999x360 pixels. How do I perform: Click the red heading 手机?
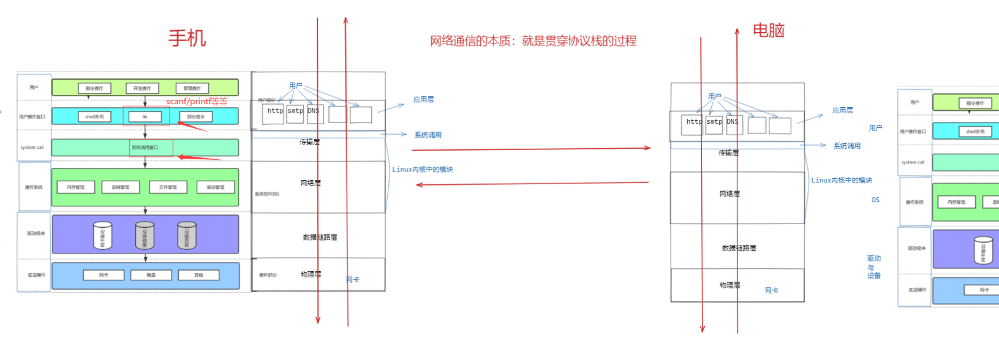click(187, 38)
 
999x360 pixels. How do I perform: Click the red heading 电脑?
click(768, 30)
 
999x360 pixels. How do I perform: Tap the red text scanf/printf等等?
click(197, 101)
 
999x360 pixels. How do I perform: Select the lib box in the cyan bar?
click(145, 116)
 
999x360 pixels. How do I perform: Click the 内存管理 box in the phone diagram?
click(76, 187)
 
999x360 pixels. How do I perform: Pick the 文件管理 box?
click(168, 187)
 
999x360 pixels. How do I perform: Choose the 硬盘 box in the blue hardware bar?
click(151, 275)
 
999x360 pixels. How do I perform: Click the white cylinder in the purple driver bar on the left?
click(102, 236)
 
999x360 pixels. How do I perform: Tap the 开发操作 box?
click(142, 88)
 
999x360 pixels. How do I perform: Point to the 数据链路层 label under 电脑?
click(739, 248)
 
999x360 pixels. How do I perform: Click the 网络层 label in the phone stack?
click(311, 183)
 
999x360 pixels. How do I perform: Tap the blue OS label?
click(875, 200)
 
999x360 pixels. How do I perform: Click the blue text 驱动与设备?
click(874, 267)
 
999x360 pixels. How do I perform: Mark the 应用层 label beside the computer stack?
click(843, 110)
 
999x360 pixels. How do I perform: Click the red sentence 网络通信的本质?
click(533, 41)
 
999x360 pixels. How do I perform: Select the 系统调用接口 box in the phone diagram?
click(145, 148)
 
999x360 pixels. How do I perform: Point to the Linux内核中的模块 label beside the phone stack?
click(423, 170)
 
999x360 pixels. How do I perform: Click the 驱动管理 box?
click(215, 187)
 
